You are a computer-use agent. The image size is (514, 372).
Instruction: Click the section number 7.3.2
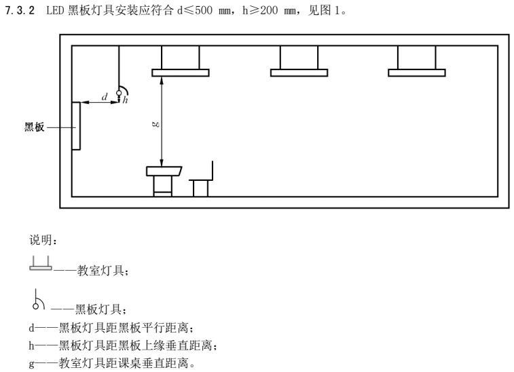coord(20,10)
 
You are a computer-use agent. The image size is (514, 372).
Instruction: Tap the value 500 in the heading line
coord(204,10)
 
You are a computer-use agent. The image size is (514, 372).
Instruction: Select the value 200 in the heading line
coord(269,10)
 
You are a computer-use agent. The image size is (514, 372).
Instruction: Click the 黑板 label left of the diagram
coord(34,127)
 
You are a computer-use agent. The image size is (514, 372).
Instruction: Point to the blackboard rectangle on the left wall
coord(76,126)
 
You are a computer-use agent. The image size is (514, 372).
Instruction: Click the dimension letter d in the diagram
coord(105,97)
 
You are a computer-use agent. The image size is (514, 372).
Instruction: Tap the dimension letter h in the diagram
coord(125,100)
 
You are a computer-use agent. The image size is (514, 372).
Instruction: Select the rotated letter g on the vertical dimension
coord(156,124)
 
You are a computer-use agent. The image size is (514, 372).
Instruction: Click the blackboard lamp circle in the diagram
coord(119,93)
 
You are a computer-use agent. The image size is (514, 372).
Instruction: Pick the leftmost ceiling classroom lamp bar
coord(181,73)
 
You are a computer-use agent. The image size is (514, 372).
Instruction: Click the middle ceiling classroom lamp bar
coord(299,73)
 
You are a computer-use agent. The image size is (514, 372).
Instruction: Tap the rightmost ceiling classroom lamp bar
coord(417,73)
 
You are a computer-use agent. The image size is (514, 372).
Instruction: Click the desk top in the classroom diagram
coord(164,171)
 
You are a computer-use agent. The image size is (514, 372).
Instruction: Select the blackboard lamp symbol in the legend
coord(38,299)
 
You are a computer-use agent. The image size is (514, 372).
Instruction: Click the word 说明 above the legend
coord(40,240)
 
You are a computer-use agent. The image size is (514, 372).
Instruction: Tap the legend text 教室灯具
coord(100,271)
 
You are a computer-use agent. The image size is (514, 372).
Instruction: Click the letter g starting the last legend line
coord(31,363)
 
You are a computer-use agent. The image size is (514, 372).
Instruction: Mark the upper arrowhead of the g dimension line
coord(162,80)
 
